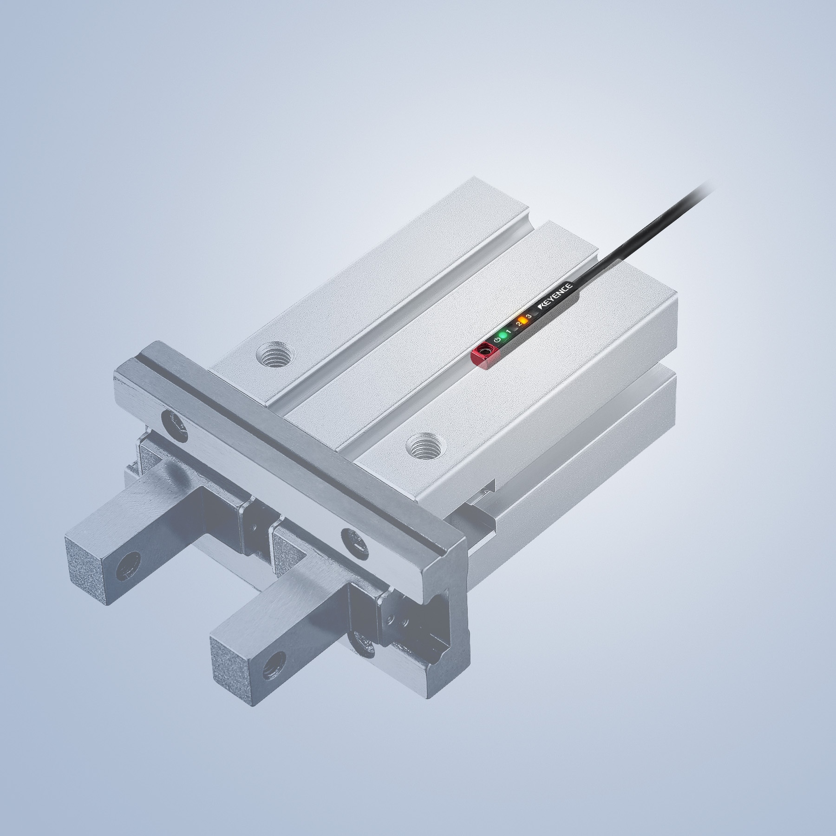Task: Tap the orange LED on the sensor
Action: pyautogui.click(x=523, y=320)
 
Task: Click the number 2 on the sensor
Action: pyautogui.click(x=518, y=324)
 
